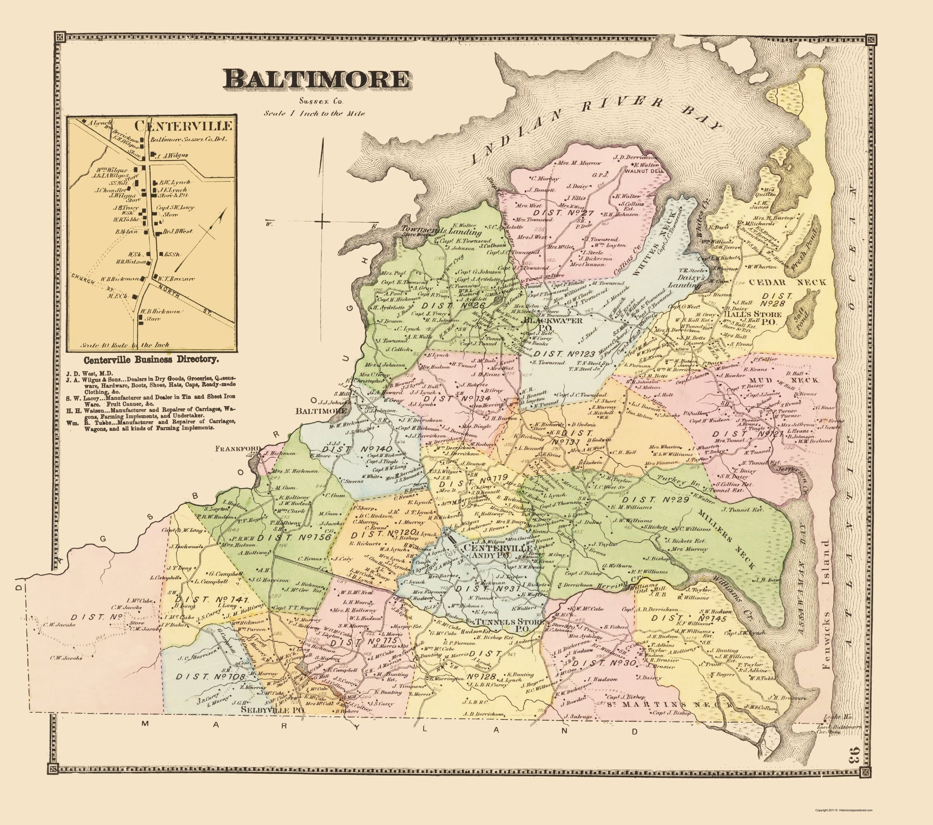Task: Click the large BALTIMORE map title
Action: (x=316, y=79)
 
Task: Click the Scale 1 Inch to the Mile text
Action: (x=314, y=113)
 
